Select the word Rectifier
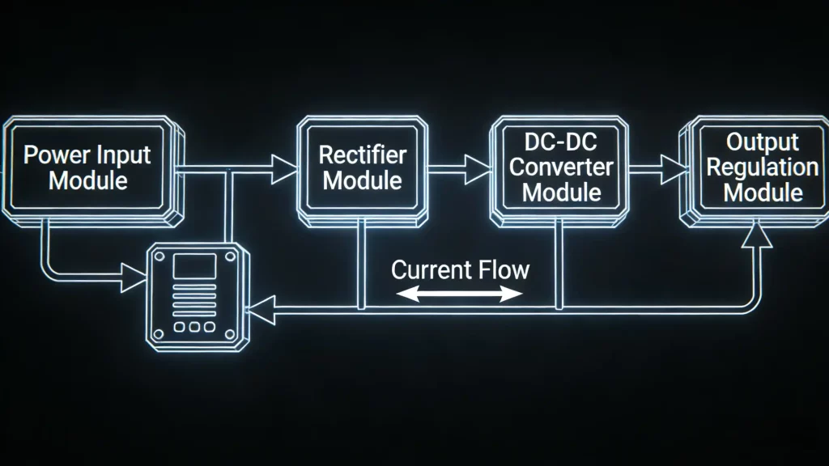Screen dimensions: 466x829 (362, 155)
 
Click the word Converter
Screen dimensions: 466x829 (561, 168)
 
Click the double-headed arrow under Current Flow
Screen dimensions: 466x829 (460, 294)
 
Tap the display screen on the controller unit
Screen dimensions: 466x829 (194, 266)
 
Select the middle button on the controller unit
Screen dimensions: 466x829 (194, 327)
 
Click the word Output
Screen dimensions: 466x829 (763, 142)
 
